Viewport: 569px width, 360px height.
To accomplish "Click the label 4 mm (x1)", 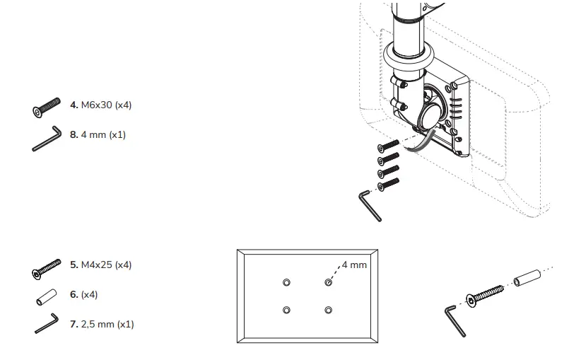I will [103, 134].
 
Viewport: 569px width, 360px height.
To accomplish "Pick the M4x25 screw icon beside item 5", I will [48, 269].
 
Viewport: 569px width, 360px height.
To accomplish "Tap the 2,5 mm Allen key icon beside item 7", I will [47, 323].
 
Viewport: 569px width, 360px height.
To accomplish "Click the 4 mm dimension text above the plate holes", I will [354, 265].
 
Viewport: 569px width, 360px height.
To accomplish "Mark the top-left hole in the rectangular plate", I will [286, 282].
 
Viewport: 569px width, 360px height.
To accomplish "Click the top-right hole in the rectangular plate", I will [328, 282].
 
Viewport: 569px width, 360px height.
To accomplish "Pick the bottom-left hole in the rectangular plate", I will [286, 310].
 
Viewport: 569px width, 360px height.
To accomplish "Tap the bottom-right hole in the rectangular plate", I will [328, 310].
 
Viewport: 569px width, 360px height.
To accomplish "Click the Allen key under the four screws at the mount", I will [370, 206].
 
